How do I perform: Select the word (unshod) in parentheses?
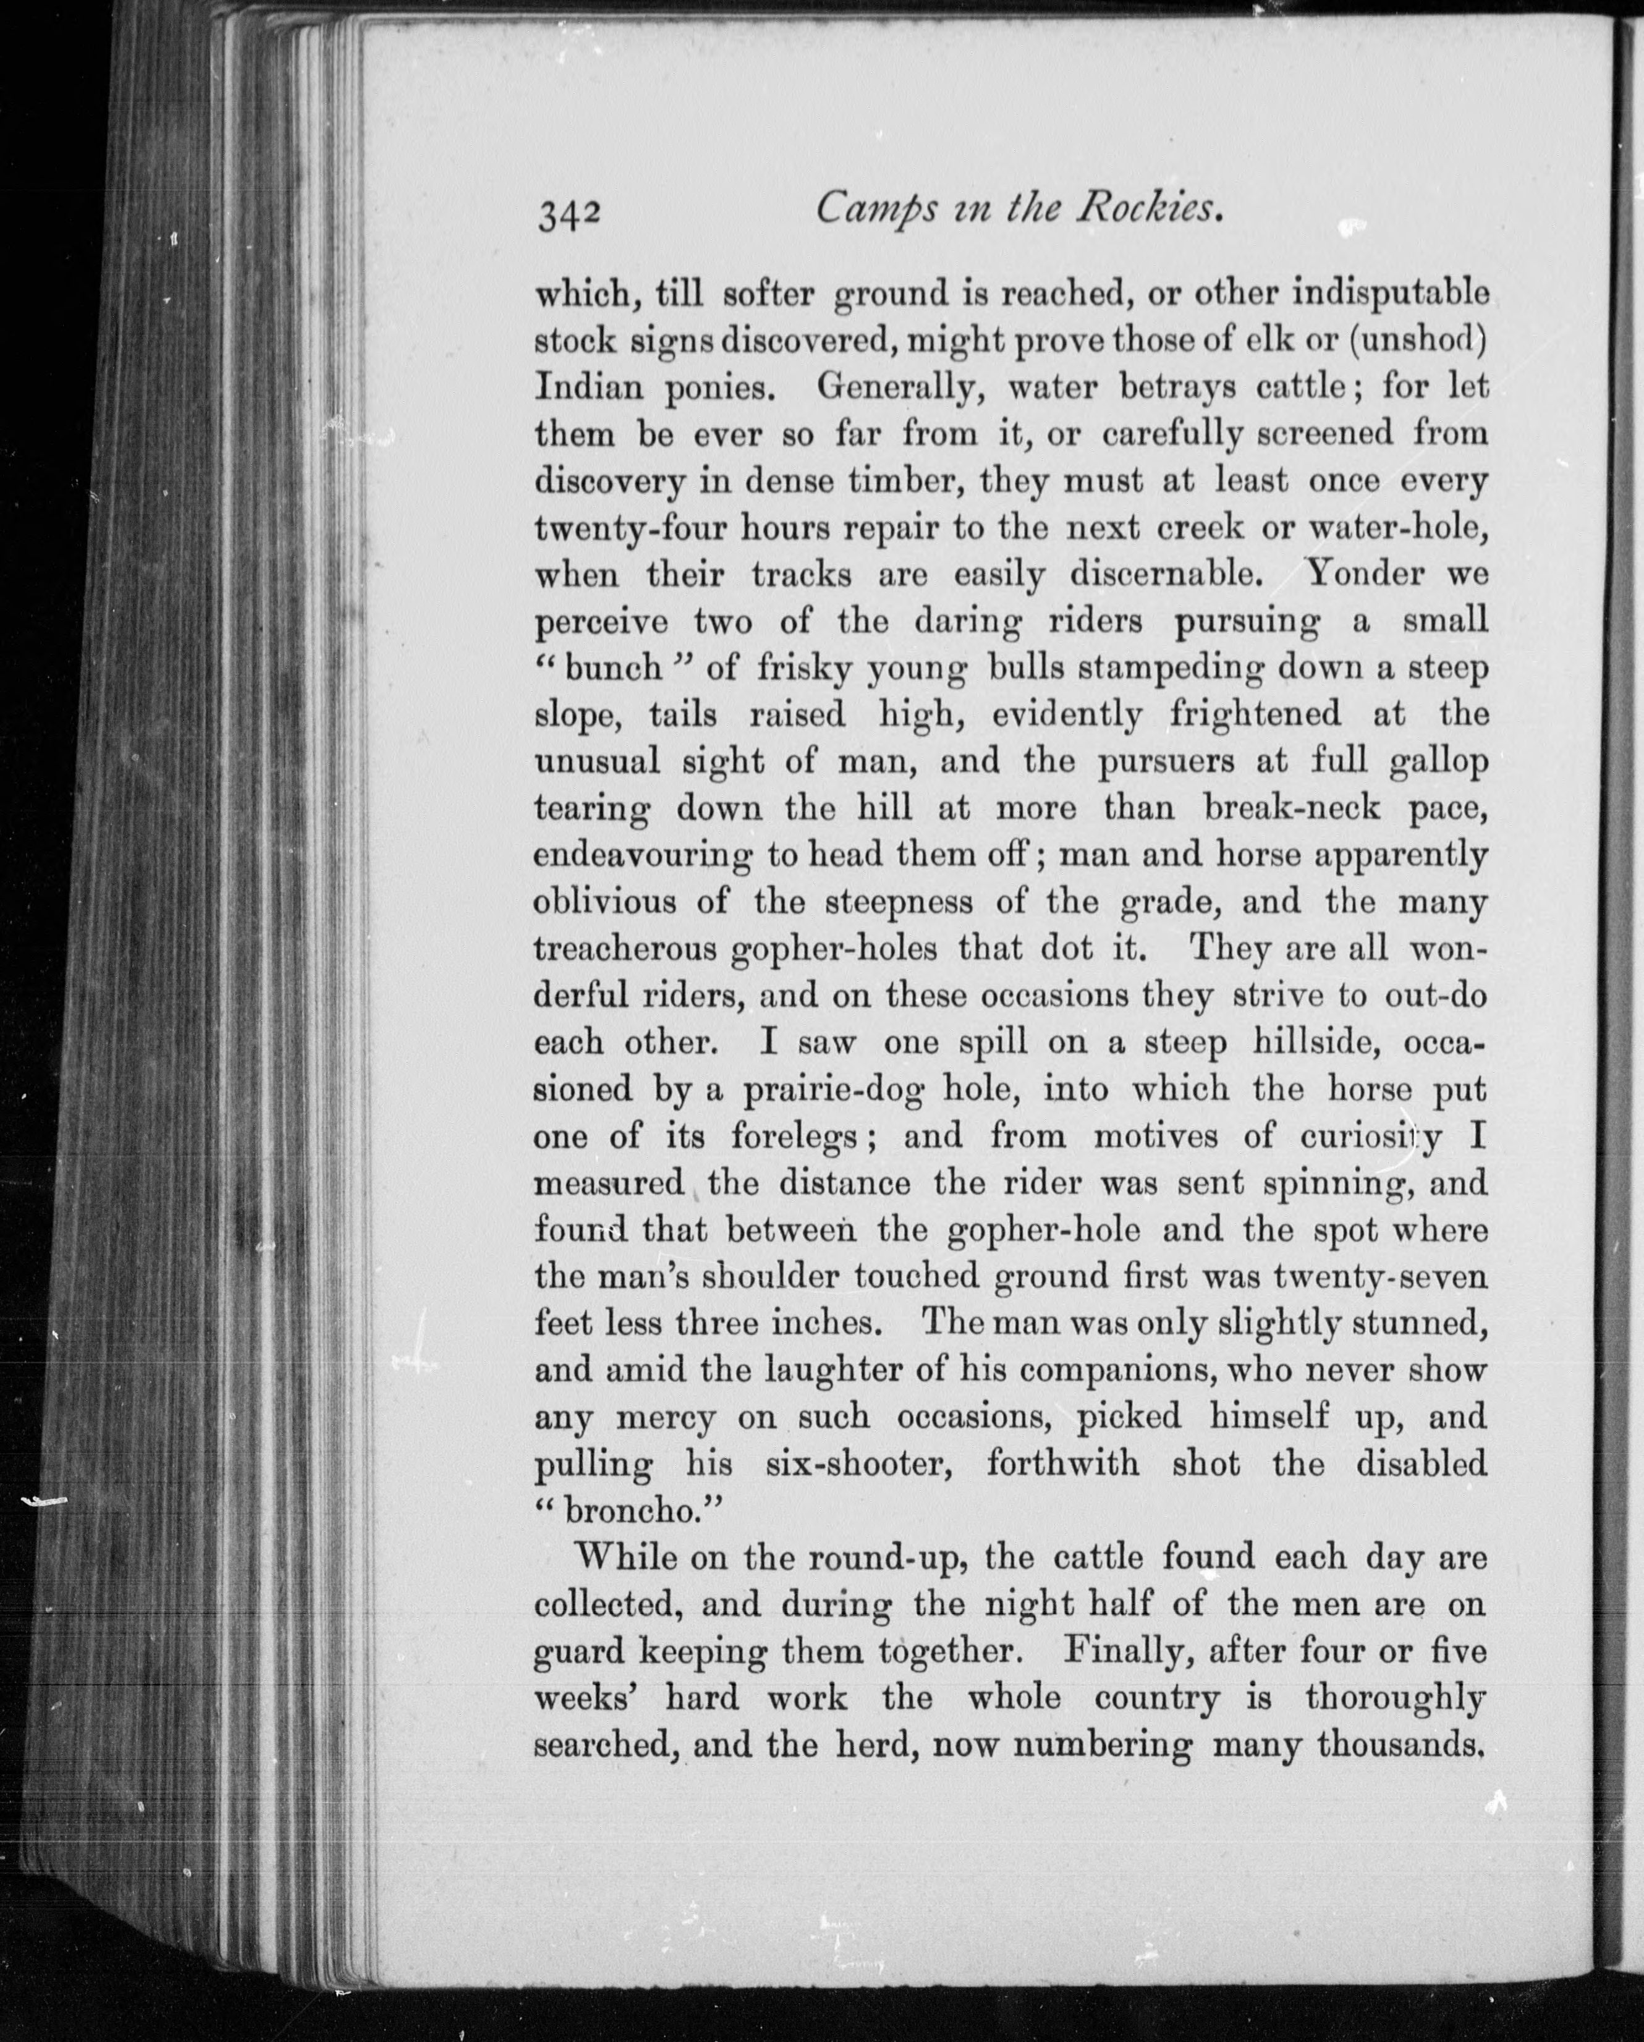coord(1416,341)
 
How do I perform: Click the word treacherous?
coord(626,949)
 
